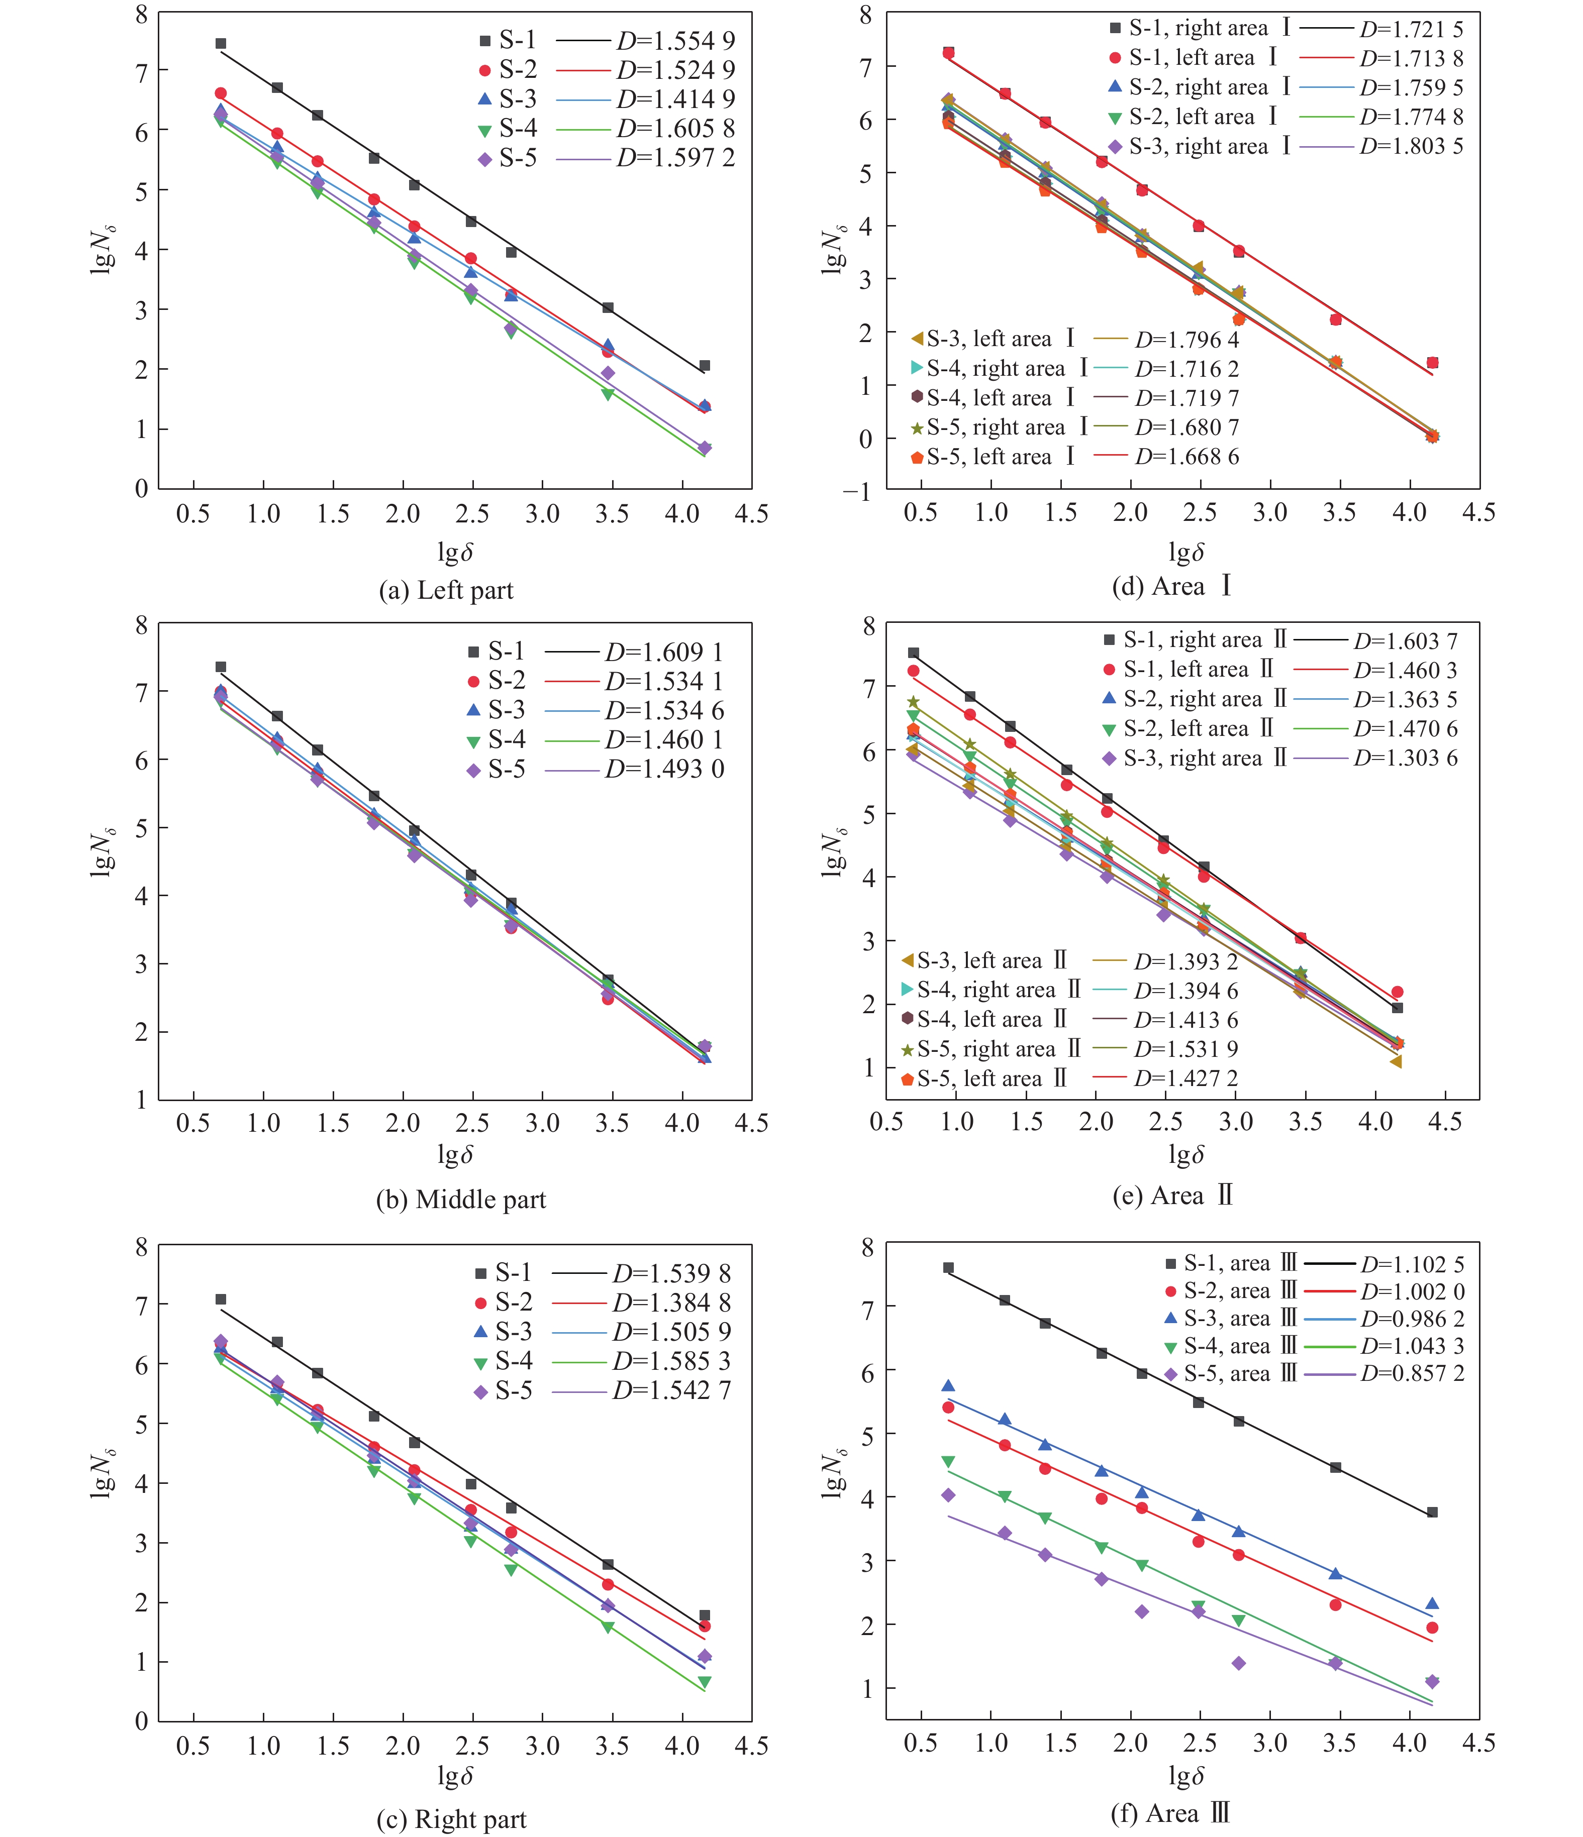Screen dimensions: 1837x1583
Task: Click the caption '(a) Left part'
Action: click(x=446, y=590)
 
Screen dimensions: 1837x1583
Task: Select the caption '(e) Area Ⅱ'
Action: click(x=1172, y=1196)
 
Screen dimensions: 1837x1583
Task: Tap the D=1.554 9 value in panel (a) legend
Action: click(x=676, y=41)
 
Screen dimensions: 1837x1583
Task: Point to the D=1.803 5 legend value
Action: click(x=1411, y=146)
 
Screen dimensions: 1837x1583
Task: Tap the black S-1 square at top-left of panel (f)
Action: click(x=948, y=1268)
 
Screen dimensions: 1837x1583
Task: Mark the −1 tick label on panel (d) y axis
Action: click(x=857, y=492)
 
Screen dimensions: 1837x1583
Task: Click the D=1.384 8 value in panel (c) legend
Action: click(x=671, y=1303)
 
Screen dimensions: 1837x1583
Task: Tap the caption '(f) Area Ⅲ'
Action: click(x=1170, y=1813)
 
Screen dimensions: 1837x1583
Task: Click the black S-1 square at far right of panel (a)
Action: click(x=704, y=365)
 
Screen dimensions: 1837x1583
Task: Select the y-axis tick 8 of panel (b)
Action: click(x=142, y=626)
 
